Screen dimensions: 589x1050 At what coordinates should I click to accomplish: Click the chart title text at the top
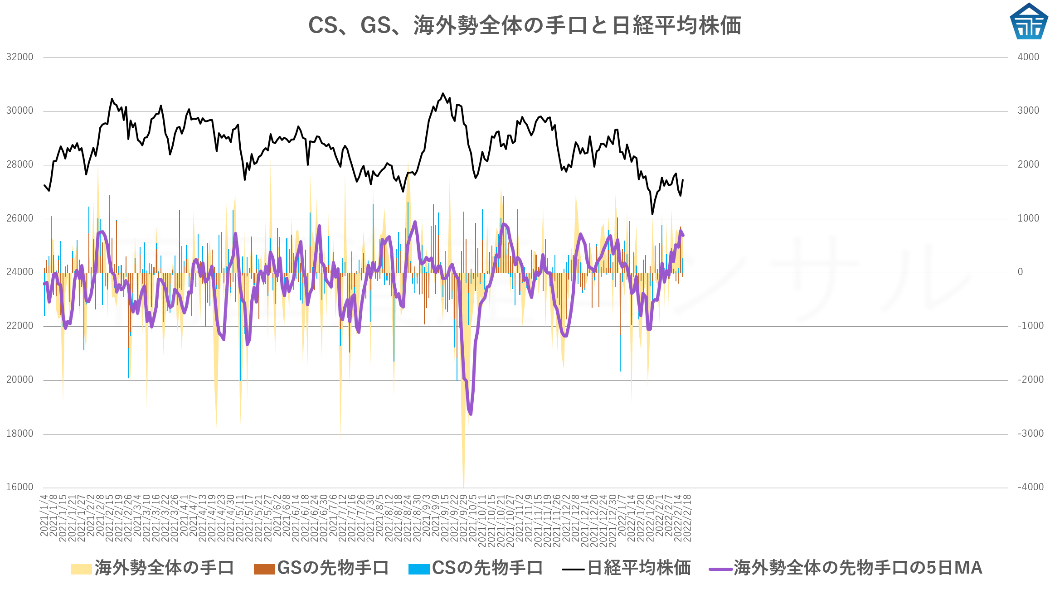click(525, 25)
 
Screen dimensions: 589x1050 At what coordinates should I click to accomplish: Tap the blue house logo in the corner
click(1029, 21)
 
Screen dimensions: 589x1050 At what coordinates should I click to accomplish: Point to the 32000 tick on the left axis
click(20, 57)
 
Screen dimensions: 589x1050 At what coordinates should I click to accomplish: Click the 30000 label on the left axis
click(20, 111)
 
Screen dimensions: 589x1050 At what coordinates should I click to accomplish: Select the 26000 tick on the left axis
click(20, 218)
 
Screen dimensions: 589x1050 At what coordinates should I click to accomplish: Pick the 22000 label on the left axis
click(20, 326)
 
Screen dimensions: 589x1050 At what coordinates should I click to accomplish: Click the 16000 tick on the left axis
click(20, 487)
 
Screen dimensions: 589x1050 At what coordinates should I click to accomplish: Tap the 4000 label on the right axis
click(1028, 57)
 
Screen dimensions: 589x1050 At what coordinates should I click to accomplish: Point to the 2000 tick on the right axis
click(1028, 164)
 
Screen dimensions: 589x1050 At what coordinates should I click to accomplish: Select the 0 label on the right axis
click(1020, 272)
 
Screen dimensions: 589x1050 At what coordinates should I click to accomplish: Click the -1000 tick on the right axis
click(1030, 326)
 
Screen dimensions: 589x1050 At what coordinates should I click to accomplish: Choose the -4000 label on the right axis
click(1030, 487)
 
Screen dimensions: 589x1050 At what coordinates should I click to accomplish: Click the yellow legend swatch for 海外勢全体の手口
click(82, 569)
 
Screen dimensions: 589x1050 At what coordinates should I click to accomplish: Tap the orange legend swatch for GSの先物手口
click(264, 569)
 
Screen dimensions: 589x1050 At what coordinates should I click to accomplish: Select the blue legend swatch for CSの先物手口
click(419, 569)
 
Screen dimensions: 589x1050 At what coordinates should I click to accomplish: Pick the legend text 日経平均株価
click(639, 568)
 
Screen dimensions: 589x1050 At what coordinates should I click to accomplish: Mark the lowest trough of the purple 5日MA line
click(471, 414)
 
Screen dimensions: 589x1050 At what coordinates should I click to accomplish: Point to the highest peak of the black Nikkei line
click(443, 94)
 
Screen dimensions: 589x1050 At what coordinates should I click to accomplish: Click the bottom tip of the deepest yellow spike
click(463, 487)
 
